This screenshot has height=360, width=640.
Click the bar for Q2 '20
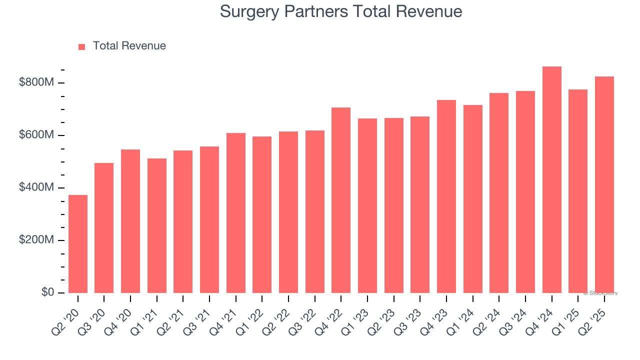pyautogui.click(x=78, y=244)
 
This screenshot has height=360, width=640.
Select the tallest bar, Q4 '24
pyautogui.click(x=551, y=180)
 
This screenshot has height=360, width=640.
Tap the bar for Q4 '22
pyautogui.click(x=341, y=200)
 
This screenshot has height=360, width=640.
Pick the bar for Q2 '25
pyautogui.click(x=604, y=185)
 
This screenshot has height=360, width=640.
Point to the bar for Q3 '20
pyautogui.click(x=104, y=228)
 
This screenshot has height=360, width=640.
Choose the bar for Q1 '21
pyautogui.click(x=157, y=225)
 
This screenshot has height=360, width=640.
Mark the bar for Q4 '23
pyautogui.click(x=446, y=196)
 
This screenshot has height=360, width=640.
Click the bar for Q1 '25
pyautogui.click(x=578, y=191)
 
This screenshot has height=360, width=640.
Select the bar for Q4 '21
pyautogui.click(x=236, y=213)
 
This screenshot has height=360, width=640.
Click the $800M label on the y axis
pyautogui.click(x=36, y=82)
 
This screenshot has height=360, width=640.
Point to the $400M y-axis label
pyautogui.click(x=36, y=187)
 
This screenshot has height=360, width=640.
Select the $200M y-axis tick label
pyautogui.click(x=36, y=240)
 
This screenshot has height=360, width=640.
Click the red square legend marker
pyautogui.click(x=82, y=46)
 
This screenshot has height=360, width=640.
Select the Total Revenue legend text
pyautogui.click(x=129, y=46)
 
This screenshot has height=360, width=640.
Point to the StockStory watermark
pyautogui.click(x=600, y=293)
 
